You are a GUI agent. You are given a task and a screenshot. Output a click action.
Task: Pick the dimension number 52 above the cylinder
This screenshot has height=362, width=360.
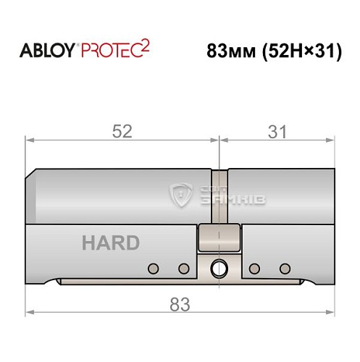coord(122,132)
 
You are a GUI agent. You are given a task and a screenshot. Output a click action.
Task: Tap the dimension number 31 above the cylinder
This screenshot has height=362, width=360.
coord(277,132)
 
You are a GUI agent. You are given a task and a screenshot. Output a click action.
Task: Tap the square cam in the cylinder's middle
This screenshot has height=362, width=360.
coord(218,237)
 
